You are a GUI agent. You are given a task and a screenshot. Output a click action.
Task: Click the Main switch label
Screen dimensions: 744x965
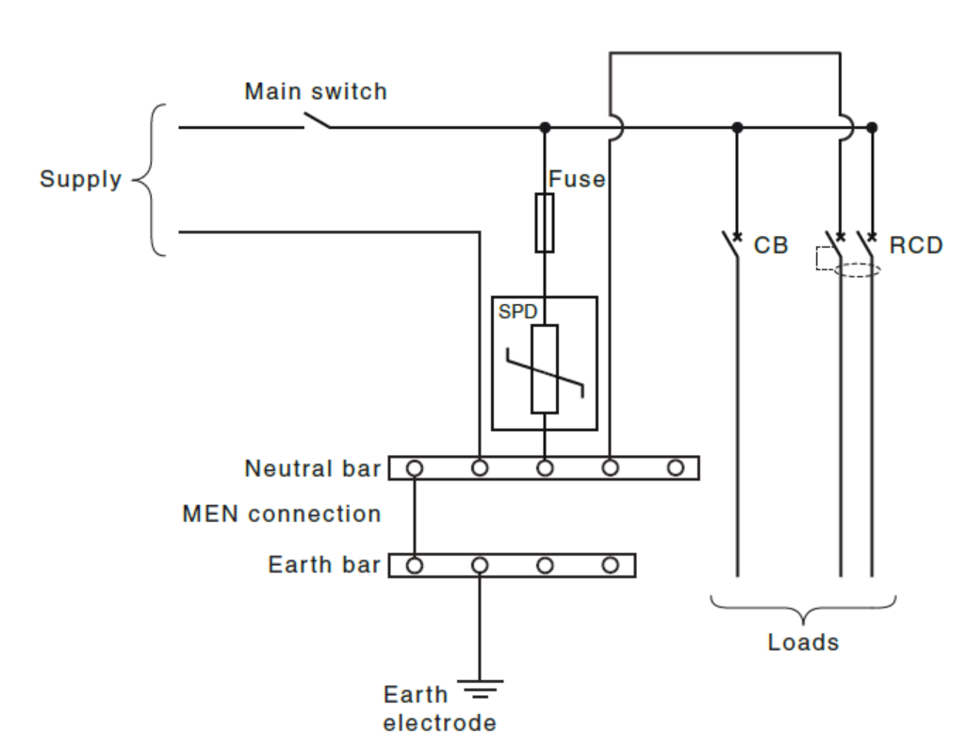[315, 91]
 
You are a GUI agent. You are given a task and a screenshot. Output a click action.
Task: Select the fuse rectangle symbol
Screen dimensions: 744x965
[545, 223]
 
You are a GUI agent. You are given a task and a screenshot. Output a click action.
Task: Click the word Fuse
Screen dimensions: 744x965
[577, 179]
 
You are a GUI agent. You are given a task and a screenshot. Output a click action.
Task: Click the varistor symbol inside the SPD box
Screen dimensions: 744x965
[545, 369]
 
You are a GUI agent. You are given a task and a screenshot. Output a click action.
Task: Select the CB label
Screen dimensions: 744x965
[771, 247]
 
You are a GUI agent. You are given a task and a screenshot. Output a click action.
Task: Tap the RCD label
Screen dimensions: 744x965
[915, 247]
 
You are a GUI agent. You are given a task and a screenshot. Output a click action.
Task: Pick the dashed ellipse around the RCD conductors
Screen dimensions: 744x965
[857, 270]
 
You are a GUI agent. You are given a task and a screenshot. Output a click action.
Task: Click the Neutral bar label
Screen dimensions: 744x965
[313, 468]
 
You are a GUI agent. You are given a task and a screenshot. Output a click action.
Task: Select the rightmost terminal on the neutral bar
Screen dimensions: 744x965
[675, 467]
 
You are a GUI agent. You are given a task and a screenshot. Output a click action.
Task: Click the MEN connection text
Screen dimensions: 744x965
[282, 514]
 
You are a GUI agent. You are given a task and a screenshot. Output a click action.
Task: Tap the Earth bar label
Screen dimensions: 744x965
[324, 565]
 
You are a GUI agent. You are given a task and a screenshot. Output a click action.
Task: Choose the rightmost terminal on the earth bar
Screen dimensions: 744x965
[611, 565]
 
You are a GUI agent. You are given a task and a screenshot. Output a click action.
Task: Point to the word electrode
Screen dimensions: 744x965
[439, 723]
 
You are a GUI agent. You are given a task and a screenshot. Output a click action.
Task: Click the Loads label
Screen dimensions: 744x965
[803, 642]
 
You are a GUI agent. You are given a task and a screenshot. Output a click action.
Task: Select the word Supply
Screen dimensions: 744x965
[80, 179]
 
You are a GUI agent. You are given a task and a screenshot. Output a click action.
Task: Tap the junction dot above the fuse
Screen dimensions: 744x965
[545, 127]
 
